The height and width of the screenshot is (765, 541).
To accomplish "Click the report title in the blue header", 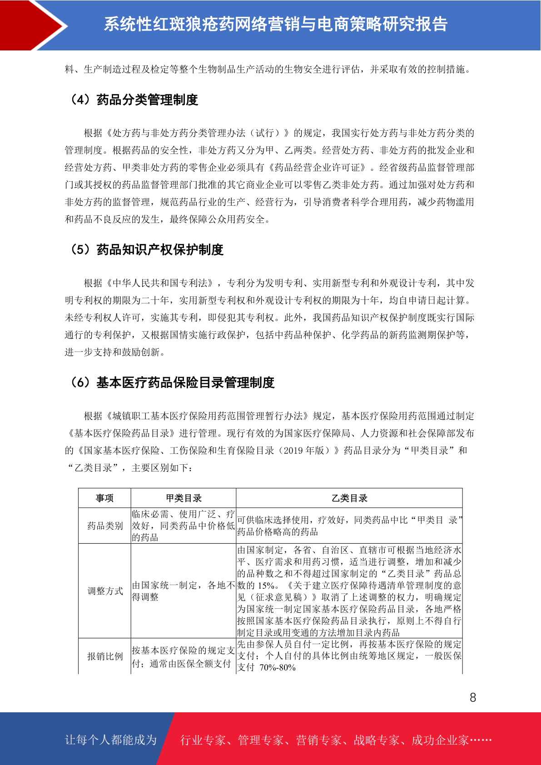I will click(x=275, y=25).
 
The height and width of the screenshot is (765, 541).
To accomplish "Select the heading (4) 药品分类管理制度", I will click(x=134, y=100).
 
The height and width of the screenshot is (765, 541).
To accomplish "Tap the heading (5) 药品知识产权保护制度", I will click(x=146, y=250).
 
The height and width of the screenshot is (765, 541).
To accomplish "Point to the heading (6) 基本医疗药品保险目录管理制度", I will click(x=172, y=383).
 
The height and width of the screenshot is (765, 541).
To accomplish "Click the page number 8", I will click(x=473, y=698).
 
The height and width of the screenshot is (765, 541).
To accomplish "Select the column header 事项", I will click(x=104, y=498).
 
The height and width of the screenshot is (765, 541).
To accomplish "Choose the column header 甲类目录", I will click(x=184, y=498).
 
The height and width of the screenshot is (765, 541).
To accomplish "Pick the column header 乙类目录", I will click(x=349, y=498).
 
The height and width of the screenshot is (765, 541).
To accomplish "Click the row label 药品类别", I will click(x=105, y=526).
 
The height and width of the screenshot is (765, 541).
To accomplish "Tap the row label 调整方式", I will click(x=105, y=591).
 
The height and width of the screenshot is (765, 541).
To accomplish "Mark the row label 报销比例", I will click(x=105, y=656).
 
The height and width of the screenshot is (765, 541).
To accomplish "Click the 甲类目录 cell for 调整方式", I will click(x=183, y=591).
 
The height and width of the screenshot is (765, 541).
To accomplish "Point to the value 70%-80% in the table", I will click(x=278, y=668).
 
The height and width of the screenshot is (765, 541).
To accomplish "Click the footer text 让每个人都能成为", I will click(x=111, y=740).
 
